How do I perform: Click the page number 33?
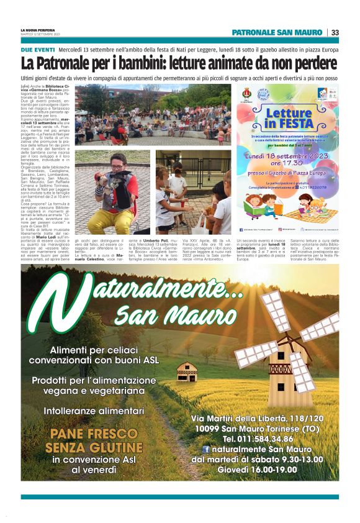pyautogui.click(x=335, y=32)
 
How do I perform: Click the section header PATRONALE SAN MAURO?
pyautogui.click(x=277, y=32)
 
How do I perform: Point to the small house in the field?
pyautogui.click(x=187, y=371)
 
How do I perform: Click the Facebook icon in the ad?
pyautogui.click(x=205, y=449)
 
